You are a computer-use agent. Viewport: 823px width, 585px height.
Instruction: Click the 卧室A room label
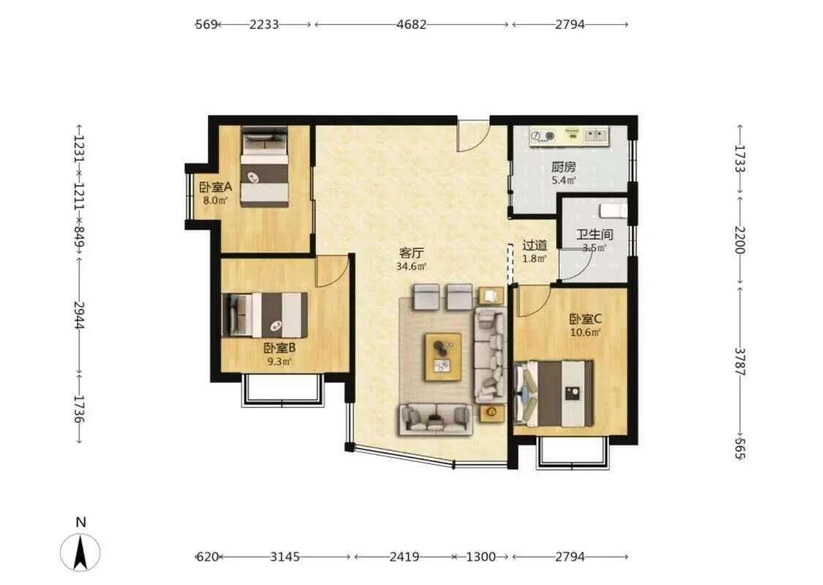click(x=215, y=186)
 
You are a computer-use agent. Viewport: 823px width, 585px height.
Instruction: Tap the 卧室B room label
click(x=279, y=347)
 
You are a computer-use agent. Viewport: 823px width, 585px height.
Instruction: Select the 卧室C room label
click(x=585, y=319)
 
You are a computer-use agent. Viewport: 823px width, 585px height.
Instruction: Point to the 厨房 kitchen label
click(x=563, y=167)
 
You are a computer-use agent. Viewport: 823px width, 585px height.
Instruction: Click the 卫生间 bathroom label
click(x=594, y=235)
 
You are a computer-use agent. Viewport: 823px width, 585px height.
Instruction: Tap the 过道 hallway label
click(x=534, y=245)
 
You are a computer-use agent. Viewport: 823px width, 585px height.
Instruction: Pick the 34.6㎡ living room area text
click(x=411, y=266)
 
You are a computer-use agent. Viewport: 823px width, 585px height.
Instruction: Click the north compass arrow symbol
click(x=80, y=552)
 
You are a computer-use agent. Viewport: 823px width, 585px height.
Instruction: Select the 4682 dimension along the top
click(x=411, y=24)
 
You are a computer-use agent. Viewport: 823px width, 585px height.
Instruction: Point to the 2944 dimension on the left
click(x=79, y=314)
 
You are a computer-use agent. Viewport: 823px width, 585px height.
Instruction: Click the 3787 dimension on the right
click(x=739, y=361)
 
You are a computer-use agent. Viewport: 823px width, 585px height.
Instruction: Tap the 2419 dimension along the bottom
click(x=404, y=556)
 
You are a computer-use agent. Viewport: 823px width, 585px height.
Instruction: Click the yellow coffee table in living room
click(x=443, y=356)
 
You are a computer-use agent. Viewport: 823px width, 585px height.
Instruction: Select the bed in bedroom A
click(x=265, y=166)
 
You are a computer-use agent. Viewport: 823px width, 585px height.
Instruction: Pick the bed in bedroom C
click(x=554, y=393)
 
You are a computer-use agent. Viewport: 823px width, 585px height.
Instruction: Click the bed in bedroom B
click(x=265, y=314)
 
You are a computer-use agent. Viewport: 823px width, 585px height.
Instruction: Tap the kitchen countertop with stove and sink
click(x=569, y=137)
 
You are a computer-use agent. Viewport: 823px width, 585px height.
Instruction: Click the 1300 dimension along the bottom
click(x=480, y=556)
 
